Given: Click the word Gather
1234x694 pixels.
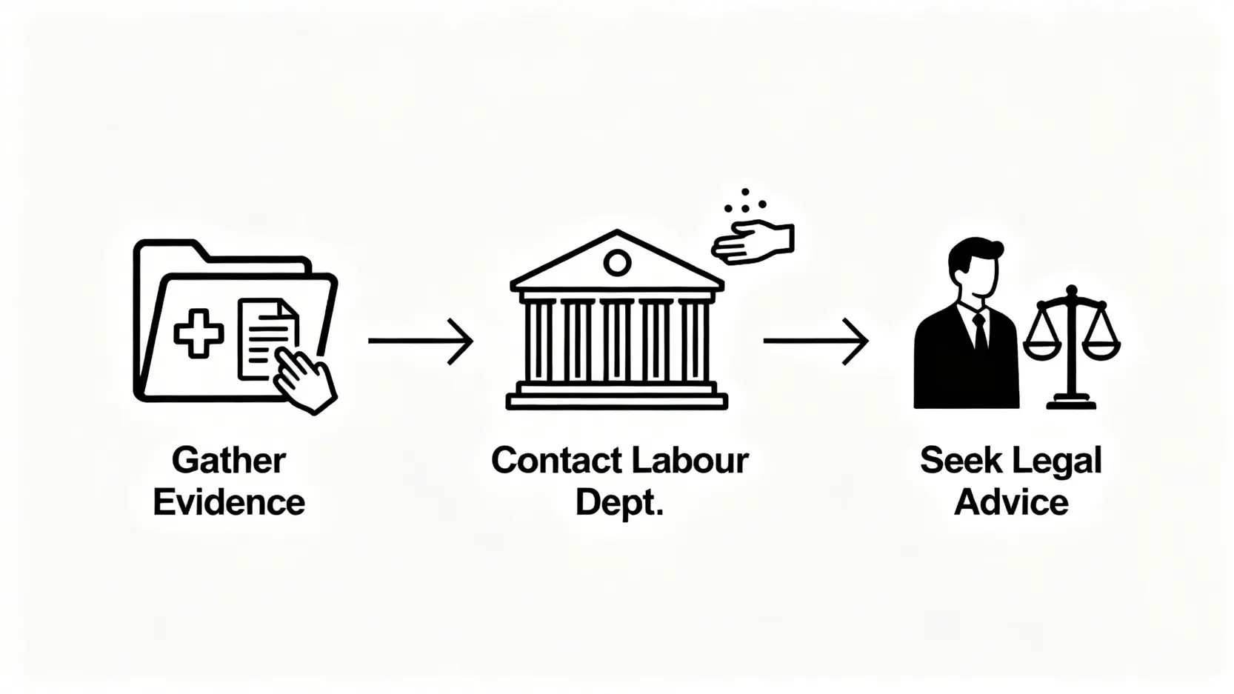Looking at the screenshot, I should tap(228, 461).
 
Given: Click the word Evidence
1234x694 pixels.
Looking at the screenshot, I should tap(229, 502).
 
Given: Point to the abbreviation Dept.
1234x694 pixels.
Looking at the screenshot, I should tap(618, 503).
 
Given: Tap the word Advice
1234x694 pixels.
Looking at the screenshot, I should tap(1010, 503).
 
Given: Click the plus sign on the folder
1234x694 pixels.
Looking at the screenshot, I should tap(199, 335).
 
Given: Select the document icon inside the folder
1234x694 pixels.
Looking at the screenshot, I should tap(264, 333).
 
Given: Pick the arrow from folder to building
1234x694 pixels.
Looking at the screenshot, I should tap(420, 341).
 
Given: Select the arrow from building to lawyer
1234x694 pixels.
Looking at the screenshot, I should tap(815, 341).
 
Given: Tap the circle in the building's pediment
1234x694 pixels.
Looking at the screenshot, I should tap(617, 262).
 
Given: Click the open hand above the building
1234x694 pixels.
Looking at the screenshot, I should tap(753, 242).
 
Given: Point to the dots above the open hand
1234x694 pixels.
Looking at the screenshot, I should tap(744, 202).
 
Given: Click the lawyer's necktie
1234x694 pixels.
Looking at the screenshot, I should tap(980, 332).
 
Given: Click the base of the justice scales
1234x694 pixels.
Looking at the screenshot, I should tap(1071, 403).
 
